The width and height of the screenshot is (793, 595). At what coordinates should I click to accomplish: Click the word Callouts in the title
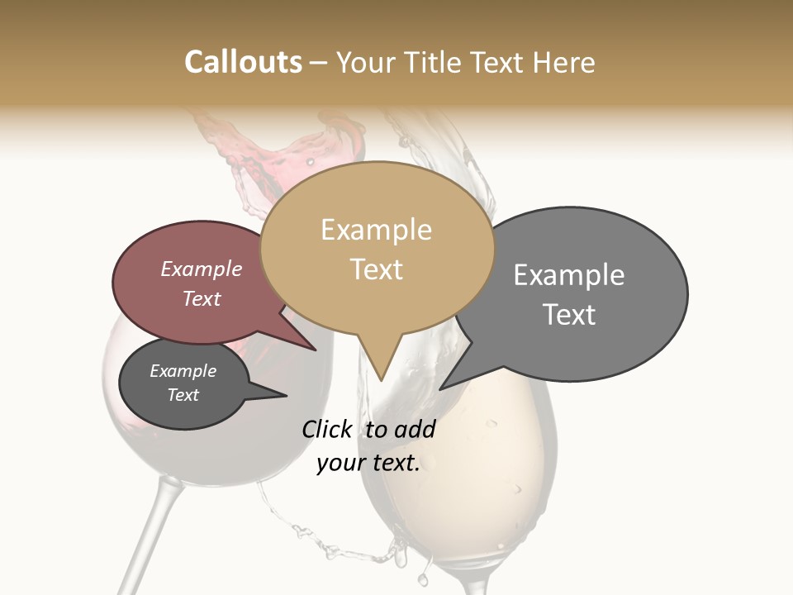point(243,62)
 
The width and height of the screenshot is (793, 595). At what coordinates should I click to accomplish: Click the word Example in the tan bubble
point(376,230)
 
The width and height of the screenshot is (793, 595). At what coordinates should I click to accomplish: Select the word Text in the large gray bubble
point(569,315)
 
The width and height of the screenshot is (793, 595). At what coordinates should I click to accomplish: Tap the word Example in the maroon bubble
point(202,269)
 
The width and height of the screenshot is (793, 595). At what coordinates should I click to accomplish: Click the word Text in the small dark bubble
point(183,395)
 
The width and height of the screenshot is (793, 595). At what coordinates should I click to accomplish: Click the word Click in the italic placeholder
point(327,430)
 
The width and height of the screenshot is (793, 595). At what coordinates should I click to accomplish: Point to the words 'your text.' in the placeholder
point(368,464)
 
